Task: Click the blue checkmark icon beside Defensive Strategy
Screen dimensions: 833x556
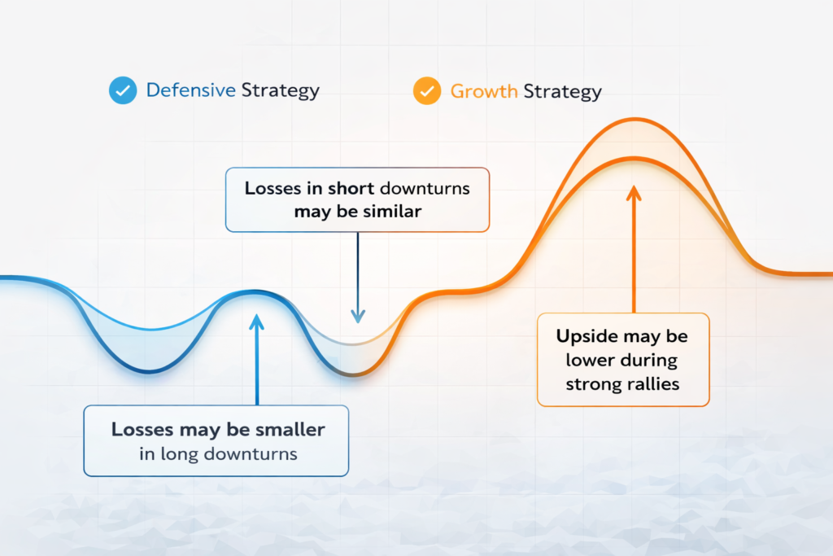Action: [123, 90]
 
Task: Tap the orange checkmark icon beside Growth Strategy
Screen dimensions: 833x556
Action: [427, 91]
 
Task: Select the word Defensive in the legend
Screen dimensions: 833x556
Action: [190, 90]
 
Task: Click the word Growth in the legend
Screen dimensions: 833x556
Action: [484, 91]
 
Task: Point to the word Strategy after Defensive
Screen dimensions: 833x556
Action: [281, 91]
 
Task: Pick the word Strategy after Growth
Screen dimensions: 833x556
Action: [563, 92]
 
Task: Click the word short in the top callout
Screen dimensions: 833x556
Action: [351, 188]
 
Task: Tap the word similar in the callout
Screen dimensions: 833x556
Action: [393, 211]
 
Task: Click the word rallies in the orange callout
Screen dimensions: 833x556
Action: [652, 383]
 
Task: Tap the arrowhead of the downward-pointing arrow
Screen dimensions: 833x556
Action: [358, 317]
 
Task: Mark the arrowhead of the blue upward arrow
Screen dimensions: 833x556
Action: [256, 321]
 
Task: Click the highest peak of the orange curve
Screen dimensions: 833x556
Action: [635, 119]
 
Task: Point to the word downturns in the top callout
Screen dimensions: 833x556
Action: [425, 188]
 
